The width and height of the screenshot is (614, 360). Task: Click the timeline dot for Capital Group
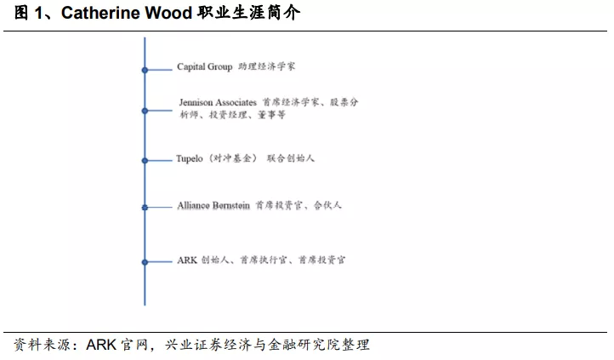(145, 70)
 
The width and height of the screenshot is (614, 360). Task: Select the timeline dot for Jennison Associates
(145, 111)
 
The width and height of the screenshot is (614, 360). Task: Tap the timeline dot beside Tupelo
(145, 159)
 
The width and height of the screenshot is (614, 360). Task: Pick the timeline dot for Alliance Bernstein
(145, 207)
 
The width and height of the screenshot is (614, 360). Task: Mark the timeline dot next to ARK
(145, 261)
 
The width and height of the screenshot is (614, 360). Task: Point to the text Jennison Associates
(218, 102)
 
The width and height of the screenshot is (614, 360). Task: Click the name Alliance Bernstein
(213, 206)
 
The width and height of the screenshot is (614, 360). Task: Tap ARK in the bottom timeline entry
(187, 260)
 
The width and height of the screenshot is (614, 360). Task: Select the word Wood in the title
(170, 14)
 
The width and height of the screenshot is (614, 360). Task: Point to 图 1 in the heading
(22, 14)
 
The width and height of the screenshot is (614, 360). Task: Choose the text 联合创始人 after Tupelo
(291, 158)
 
